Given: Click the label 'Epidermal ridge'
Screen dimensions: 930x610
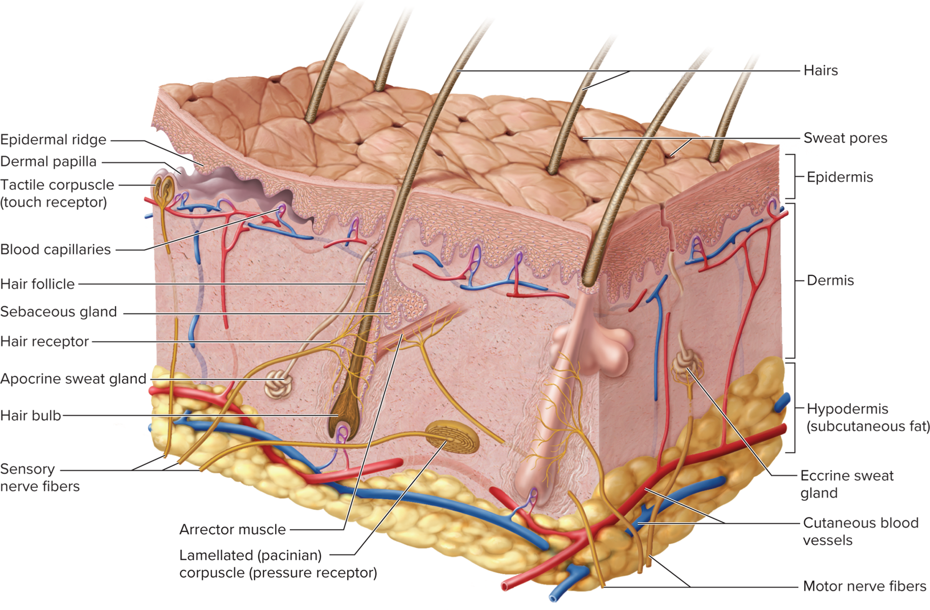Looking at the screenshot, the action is point(53,140).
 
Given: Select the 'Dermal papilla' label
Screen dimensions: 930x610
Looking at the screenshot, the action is point(48,162).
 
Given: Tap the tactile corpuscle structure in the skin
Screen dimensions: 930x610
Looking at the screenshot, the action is point(164,189).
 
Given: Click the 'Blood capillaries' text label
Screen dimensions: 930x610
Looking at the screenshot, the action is point(56,250).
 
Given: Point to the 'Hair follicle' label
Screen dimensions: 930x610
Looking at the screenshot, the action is point(38,284).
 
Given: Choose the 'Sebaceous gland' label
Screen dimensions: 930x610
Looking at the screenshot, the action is point(58,312).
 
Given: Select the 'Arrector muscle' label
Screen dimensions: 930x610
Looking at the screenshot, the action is point(232,530).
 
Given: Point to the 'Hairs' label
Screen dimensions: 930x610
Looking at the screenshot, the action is point(821,71).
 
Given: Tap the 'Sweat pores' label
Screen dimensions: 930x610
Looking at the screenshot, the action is point(846,138).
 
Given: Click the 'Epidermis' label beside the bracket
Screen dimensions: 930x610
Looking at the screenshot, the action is point(840,178).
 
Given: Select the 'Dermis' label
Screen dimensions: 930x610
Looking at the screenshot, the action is point(830,281).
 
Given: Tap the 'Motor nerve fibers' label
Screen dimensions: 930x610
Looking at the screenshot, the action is point(865,586).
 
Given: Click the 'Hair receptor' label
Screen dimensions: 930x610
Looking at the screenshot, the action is point(45,342).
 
